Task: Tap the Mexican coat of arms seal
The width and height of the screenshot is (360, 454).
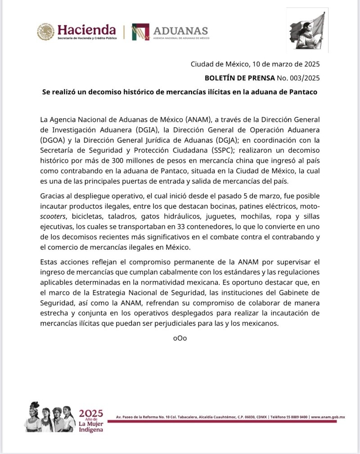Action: (x=45, y=32)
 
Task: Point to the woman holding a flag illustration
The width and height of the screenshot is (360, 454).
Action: (x=307, y=30)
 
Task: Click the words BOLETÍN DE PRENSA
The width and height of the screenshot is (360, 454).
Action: (x=239, y=78)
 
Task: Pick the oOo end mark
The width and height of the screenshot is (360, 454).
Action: (x=180, y=338)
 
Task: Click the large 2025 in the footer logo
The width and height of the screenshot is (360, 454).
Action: (x=91, y=414)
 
